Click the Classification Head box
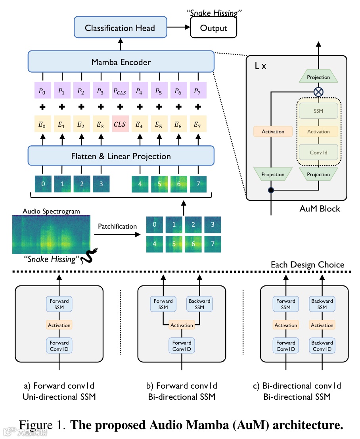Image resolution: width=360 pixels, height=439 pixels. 120,28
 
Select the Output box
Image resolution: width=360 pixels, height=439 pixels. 213,28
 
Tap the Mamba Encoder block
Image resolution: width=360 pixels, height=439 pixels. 121,62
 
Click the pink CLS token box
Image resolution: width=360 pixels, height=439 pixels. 120,124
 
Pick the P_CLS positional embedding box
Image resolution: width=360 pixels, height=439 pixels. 120,92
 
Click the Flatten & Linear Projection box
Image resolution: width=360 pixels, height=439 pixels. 121,156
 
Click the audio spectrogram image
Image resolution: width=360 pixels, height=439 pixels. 51,235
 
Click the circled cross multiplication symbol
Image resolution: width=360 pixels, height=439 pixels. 318,92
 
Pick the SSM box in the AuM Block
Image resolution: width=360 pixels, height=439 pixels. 318,111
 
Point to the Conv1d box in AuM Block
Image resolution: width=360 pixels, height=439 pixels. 318,152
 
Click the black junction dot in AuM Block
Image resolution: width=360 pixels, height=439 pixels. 271,191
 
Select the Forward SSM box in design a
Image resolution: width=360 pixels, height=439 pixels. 59,304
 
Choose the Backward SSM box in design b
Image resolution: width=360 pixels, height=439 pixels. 199,304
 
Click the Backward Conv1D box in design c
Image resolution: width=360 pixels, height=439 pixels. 322,346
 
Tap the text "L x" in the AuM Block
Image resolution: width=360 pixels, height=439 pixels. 260,66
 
